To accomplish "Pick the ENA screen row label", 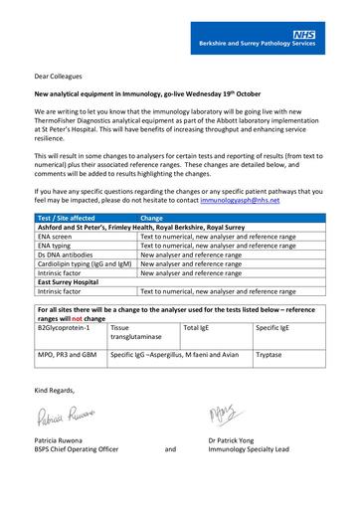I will point(57,238).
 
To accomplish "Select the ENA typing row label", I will point(57,246).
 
